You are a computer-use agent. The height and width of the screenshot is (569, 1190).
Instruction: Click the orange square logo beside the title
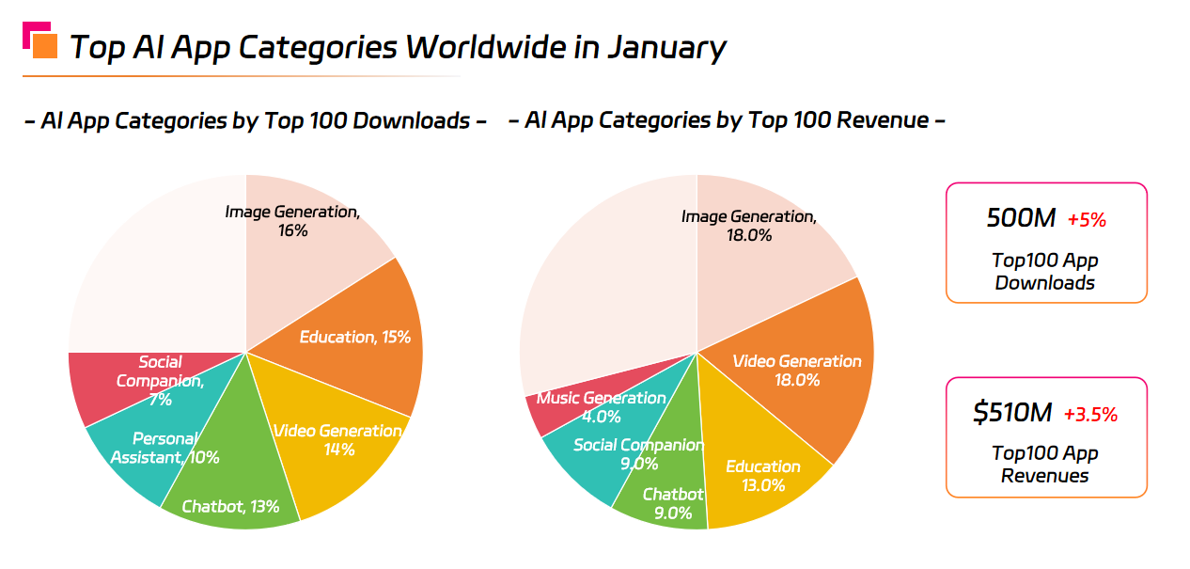tap(44, 45)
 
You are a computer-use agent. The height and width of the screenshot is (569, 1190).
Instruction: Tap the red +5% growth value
tap(1087, 220)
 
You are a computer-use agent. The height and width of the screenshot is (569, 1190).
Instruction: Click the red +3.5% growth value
tap(1090, 414)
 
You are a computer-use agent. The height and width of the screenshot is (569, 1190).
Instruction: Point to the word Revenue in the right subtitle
tap(881, 120)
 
